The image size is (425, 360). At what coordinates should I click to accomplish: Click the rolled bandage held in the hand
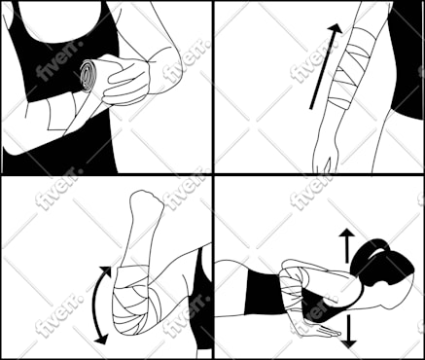[91, 75]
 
